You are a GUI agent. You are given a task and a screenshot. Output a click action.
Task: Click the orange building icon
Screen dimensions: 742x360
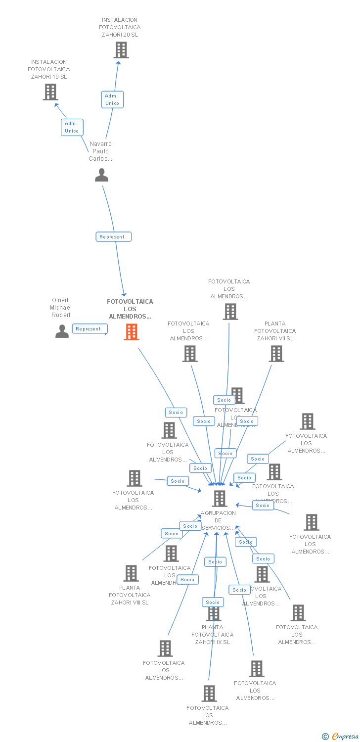coord(131,332)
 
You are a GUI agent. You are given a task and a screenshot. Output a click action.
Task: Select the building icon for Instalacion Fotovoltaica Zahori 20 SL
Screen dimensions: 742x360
coord(121,50)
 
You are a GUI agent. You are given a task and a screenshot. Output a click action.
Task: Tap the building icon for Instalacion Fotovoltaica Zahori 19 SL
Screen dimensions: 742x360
coord(50,92)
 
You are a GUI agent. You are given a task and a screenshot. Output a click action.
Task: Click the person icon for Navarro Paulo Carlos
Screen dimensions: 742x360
coord(101,175)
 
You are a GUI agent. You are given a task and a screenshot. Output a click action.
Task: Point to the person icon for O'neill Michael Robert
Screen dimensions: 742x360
coord(62,331)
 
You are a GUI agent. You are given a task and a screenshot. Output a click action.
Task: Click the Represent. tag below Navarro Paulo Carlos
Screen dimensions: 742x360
coord(113,237)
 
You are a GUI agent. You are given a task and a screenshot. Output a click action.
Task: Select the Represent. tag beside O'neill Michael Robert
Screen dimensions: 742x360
coord(90,329)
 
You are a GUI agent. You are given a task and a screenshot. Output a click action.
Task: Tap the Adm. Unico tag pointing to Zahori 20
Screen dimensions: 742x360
coord(112,99)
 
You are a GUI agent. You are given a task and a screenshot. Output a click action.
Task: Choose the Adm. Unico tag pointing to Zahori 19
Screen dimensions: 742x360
coord(72,127)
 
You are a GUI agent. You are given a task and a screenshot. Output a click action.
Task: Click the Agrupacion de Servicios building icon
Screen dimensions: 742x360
coord(220,499)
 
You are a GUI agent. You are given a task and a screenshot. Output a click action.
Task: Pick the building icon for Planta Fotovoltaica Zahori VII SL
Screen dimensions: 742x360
coord(276,354)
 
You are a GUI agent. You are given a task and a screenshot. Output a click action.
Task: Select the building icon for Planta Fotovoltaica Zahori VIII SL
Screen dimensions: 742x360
coord(131,573)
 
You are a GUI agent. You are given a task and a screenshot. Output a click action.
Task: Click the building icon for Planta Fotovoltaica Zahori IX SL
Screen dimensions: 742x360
coord(214,613)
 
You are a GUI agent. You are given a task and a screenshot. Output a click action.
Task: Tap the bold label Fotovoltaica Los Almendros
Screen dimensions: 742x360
coord(130,309)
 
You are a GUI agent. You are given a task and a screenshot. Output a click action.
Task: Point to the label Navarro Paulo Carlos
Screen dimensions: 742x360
coord(100,151)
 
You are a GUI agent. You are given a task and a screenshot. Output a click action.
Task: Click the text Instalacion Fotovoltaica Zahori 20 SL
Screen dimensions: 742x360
coord(120,28)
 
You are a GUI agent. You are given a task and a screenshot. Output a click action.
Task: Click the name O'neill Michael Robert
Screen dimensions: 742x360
coord(61,307)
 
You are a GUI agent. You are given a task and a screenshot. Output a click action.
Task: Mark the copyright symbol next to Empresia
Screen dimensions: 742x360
coord(325,737)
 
